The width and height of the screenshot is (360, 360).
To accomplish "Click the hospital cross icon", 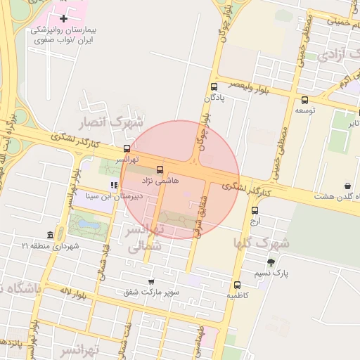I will (x=64, y=18).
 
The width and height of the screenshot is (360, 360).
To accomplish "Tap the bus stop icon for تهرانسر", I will (x=127, y=148).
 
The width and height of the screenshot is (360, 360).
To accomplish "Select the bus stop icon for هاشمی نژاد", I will (x=160, y=169).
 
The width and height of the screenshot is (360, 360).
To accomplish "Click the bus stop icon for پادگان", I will (x=214, y=86).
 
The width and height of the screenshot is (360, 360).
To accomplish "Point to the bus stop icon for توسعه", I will (x=304, y=100).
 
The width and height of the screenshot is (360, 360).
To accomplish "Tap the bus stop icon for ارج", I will (x=255, y=210).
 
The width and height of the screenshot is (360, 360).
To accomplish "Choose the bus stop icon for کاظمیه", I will (x=237, y=285).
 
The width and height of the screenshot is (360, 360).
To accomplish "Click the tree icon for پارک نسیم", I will (x=271, y=263).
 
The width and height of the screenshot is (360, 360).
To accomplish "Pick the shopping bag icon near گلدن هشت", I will (x=348, y=186).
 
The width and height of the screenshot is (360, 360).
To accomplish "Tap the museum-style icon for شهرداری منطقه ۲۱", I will (x=50, y=235).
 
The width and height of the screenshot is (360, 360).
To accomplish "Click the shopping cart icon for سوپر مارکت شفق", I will (x=150, y=280).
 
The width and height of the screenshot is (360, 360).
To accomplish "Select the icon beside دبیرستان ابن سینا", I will (x=113, y=186).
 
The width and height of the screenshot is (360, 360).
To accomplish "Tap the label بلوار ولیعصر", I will (x=246, y=85).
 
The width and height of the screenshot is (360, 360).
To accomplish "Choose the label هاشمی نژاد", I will (x=162, y=181).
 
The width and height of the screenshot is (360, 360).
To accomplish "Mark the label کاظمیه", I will (x=237, y=296).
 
